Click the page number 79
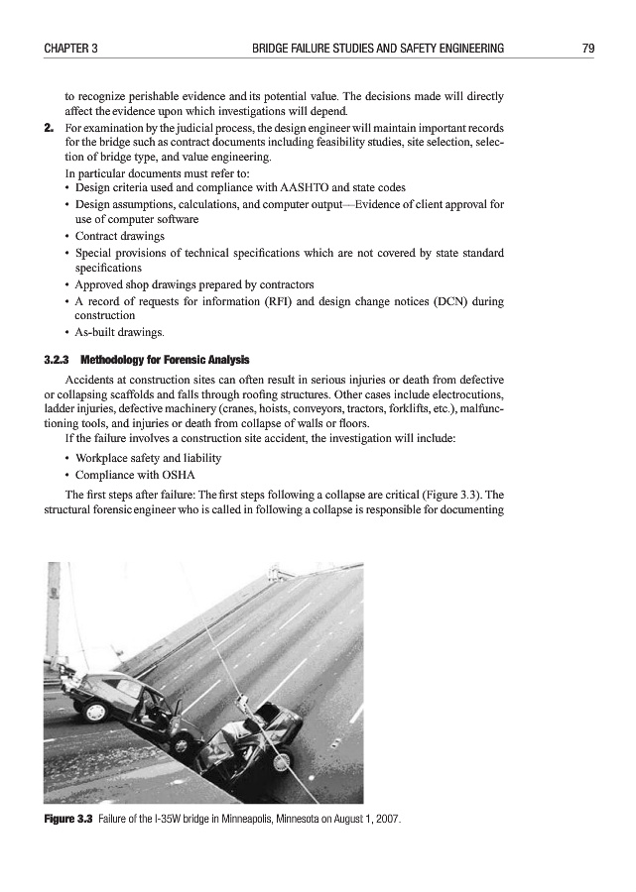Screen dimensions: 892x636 pos(587,48)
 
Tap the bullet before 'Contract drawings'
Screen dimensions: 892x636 pos(65,237)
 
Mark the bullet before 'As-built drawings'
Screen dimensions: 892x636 pos(65,331)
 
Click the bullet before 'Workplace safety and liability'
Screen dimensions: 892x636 pos(65,459)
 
